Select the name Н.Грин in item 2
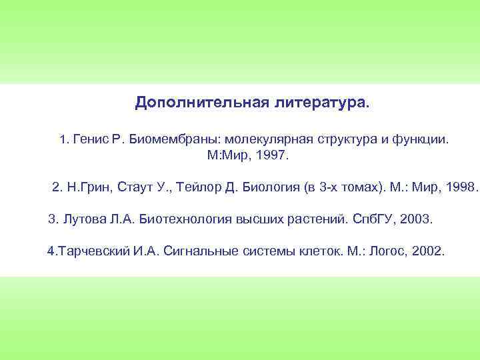[x=91, y=187]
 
